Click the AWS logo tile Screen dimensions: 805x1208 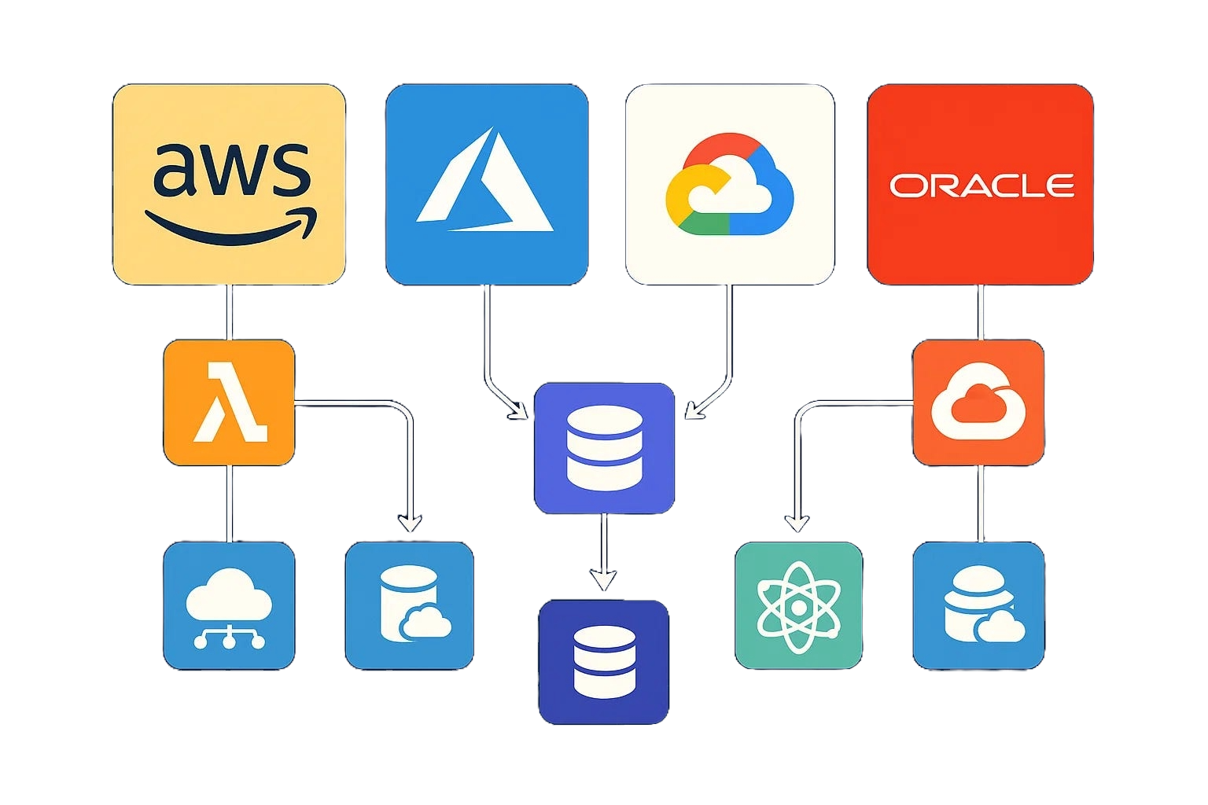[229, 185]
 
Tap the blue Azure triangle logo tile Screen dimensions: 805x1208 [486, 185]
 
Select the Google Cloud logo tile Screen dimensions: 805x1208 [729, 185]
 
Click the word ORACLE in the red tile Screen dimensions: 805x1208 [981, 186]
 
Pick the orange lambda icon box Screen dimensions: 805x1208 [229, 402]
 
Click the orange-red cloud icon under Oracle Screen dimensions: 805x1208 [978, 402]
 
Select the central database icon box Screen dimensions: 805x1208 [604, 448]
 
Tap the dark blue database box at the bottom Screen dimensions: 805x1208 [603, 661]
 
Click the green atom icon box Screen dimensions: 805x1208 [798, 605]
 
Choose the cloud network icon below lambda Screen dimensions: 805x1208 [229, 605]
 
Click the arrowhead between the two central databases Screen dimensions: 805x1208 [603, 581]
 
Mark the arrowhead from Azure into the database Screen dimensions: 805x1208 [519, 411]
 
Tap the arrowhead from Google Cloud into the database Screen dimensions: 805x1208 [694, 410]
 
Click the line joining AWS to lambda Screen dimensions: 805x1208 [229, 312]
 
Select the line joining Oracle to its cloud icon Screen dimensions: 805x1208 [981, 312]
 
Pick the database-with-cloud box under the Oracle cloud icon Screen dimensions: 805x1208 [978, 605]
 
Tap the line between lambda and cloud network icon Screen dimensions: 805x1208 [229, 503]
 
